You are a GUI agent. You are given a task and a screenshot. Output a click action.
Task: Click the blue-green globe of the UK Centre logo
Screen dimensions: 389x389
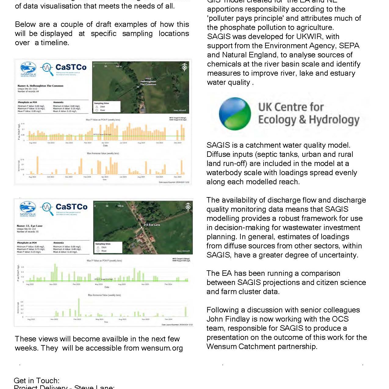click(235, 113)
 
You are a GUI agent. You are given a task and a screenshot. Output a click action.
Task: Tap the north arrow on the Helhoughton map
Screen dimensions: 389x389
click(184, 67)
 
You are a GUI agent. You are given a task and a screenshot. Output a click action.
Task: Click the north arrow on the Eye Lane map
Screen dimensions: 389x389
click(188, 207)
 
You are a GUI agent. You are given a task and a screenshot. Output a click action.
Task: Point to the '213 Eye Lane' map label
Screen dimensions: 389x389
click(152, 225)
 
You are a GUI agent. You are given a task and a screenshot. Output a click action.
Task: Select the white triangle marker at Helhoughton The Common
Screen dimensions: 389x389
click(138, 87)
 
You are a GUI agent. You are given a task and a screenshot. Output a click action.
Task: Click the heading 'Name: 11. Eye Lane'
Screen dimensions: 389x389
click(30, 226)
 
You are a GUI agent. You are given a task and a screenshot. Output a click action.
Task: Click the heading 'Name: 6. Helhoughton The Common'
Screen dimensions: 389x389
click(40, 86)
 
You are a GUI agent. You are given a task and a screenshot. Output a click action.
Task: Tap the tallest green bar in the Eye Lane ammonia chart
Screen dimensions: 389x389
click(79, 307)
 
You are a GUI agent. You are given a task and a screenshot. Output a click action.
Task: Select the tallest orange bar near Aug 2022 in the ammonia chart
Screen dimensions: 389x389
click(38, 165)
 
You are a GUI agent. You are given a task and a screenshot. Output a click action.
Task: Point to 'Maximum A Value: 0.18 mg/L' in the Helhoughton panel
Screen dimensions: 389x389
click(67, 109)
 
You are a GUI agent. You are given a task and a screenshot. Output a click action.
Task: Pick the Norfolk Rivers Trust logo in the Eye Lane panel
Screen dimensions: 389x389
click(28, 209)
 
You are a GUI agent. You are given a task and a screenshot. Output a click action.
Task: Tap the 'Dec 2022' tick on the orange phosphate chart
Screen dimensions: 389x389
click(69, 143)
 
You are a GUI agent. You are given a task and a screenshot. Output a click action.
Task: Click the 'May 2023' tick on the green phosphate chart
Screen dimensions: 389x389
click(99, 284)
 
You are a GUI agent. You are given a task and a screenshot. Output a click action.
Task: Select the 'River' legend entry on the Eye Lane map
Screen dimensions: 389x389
click(104, 251)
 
